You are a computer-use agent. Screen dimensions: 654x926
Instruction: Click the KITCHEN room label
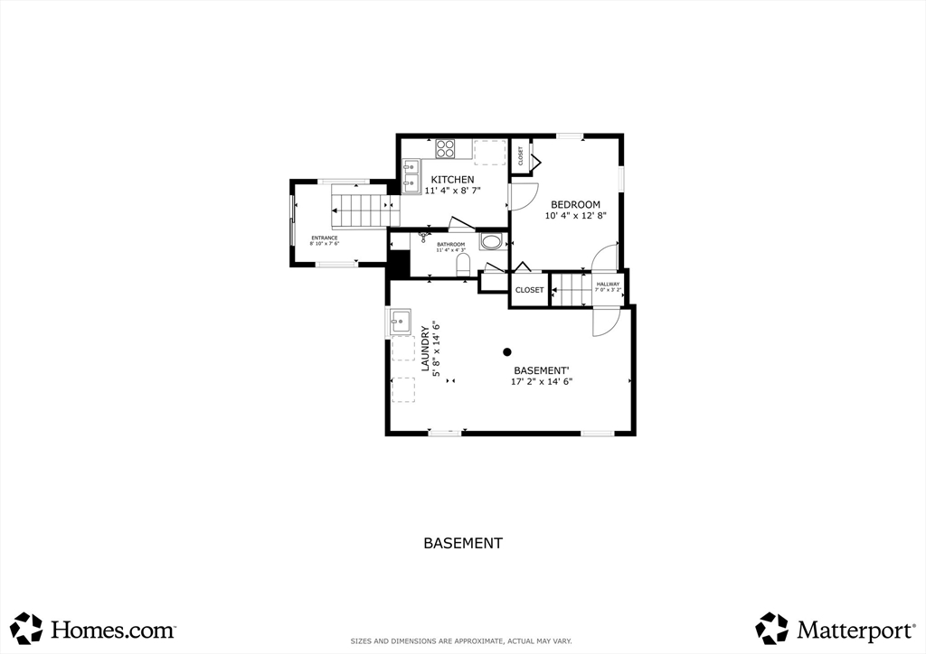click(x=452, y=180)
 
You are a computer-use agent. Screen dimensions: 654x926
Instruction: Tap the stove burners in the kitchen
click(x=445, y=149)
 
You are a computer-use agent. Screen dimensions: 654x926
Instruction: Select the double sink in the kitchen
click(x=411, y=176)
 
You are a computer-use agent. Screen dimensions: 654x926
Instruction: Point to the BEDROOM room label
click(x=575, y=205)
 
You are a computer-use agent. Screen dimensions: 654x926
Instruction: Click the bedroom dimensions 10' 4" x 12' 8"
click(x=575, y=216)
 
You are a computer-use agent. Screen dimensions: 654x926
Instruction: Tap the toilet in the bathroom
click(x=463, y=264)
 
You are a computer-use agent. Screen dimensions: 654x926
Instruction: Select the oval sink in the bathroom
click(x=492, y=242)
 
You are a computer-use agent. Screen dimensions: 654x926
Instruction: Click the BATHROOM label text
click(x=450, y=244)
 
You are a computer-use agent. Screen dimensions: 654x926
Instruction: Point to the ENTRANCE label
click(x=324, y=238)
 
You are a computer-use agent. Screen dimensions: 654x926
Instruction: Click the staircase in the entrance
click(x=362, y=210)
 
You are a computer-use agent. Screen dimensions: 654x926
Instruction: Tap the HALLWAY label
click(x=608, y=285)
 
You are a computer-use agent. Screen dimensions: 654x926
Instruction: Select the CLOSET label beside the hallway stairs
click(x=529, y=290)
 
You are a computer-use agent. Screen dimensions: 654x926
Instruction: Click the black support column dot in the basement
click(x=507, y=352)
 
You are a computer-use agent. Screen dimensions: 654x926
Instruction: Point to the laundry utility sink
click(x=400, y=321)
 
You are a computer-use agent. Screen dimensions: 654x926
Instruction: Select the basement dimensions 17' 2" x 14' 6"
click(x=542, y=381)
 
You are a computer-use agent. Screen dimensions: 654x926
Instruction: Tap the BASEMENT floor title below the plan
click(x=462, y=543)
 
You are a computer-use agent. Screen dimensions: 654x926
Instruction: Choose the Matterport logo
click(x=832, y=628)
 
